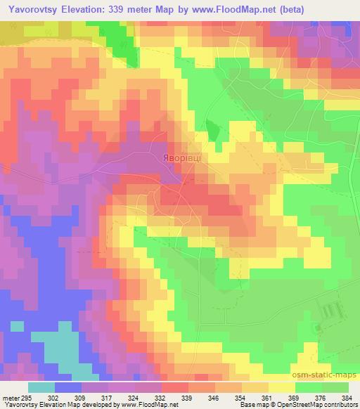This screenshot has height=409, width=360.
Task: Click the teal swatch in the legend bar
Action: [41, 387]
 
